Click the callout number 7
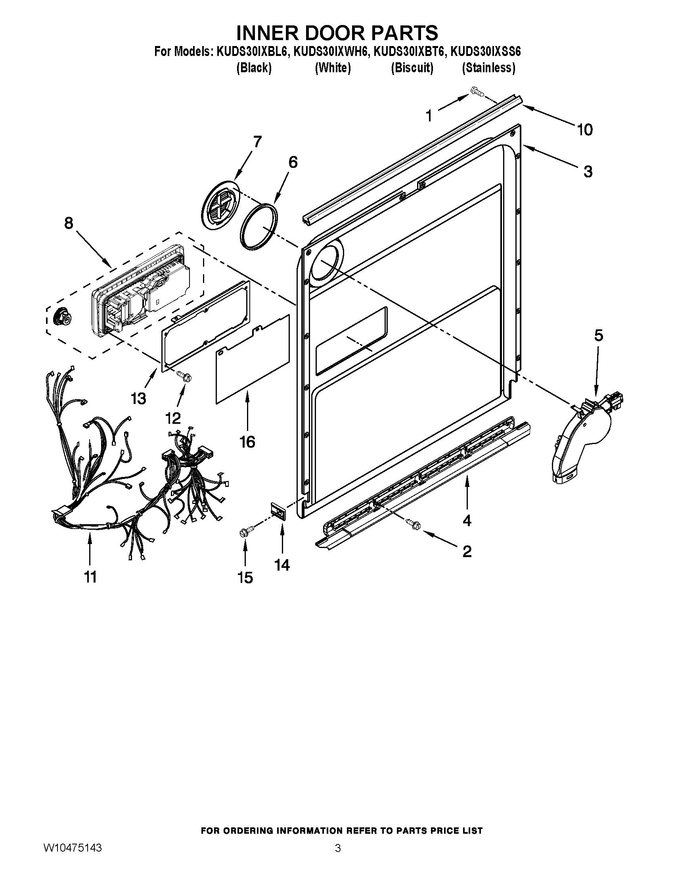[257, 142]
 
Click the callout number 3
[588, 172]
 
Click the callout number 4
[466, 520]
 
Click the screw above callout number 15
[243, 532]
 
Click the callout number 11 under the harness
[91, 577]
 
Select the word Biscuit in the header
[412, 68]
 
